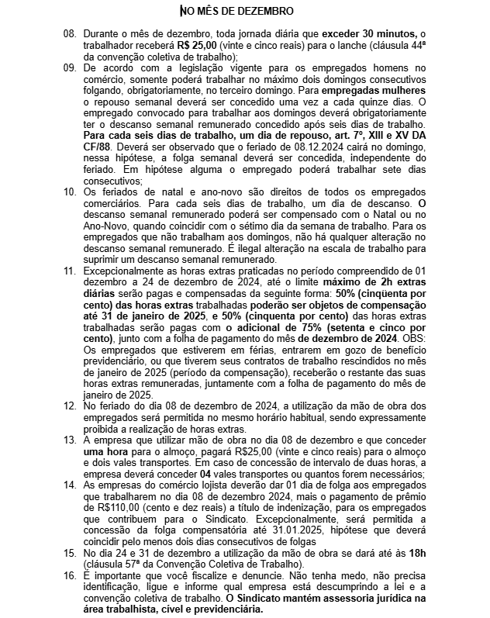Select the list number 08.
click(70, 35)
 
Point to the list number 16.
click(70, 578)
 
